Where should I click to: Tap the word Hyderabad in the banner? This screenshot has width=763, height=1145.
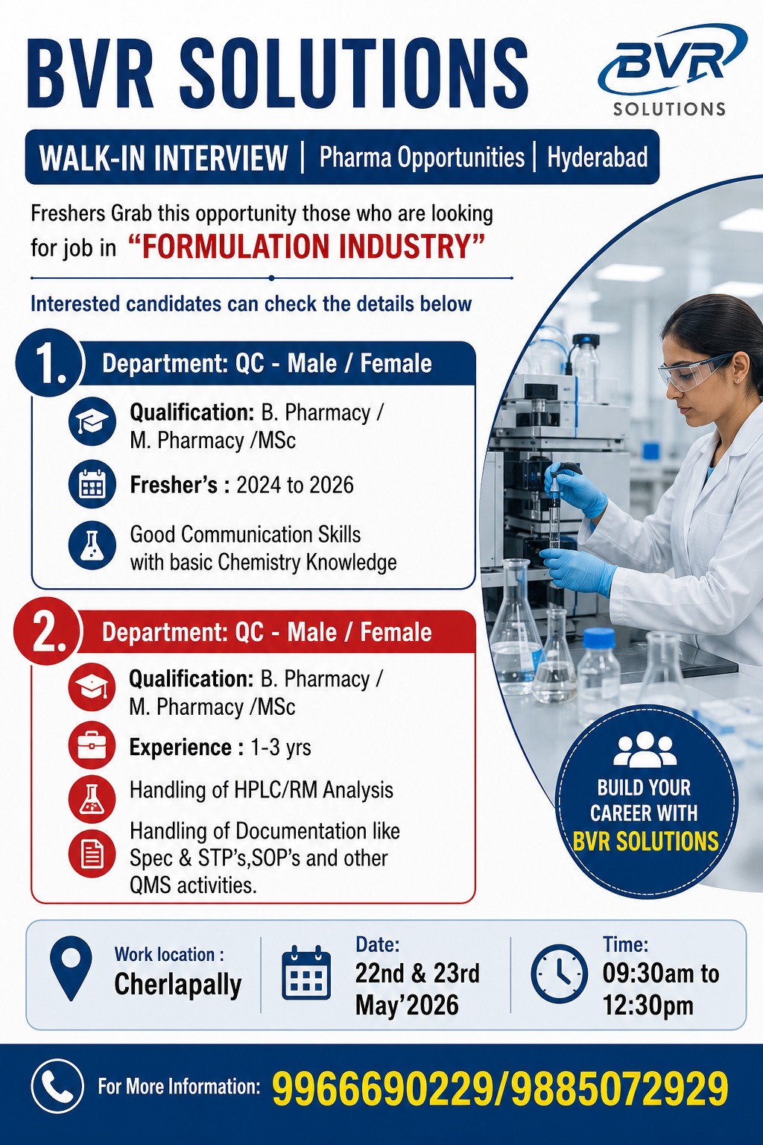[x=598, y=157]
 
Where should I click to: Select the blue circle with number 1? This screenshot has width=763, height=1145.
[x=48, y=362]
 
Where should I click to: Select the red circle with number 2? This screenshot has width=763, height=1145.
[x=48, y=631]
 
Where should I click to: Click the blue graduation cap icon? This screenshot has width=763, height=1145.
[x=92, y=420]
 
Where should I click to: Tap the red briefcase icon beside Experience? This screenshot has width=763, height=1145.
[x=92, y=745]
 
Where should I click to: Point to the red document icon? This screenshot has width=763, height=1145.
[x=92, y=854]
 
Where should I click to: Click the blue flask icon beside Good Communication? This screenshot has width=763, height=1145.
[x=92, y=546]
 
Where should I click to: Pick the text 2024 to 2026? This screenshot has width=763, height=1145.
[x=295, y=485]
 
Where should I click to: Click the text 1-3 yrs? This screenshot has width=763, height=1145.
[x=281, y=748]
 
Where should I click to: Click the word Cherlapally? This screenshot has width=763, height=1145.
[x=178, y=984]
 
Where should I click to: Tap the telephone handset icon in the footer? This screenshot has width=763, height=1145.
[x=57, y=1085]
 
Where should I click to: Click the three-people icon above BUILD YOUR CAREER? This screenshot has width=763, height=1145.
[x=645, y=749]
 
